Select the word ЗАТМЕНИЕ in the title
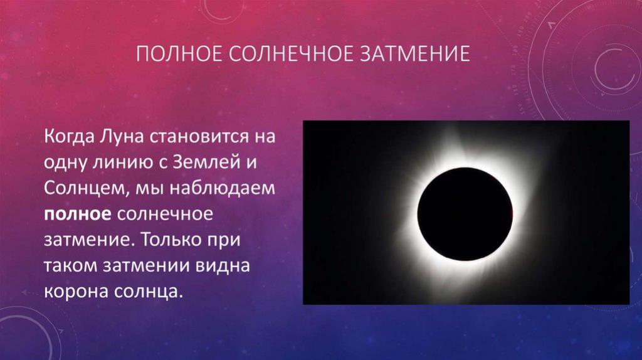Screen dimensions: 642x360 (415, 54)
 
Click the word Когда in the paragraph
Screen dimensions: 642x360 (70, 136)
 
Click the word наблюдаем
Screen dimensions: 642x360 (223, 188)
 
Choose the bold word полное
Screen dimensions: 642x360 (77, 214)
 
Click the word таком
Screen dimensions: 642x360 (70, 266)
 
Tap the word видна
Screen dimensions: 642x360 (222, 265)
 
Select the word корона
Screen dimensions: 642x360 (75, 292)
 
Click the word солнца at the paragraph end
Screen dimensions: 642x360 (145, 292)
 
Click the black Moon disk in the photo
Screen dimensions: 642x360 (465, 214)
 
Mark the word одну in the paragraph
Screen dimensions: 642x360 (65, 162)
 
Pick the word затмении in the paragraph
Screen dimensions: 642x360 (145, 266)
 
